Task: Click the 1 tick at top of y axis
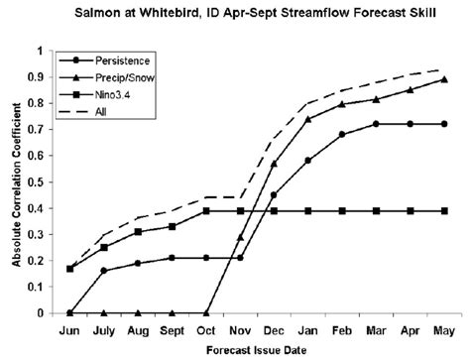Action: tap(41, 51)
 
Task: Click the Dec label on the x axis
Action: tap(274, 330)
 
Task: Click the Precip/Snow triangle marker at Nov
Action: tap(240, 237)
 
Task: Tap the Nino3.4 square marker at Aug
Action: tap(138, 231)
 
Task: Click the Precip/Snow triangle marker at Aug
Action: tap(138, 312)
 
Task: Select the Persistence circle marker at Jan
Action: tap(308, 161)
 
